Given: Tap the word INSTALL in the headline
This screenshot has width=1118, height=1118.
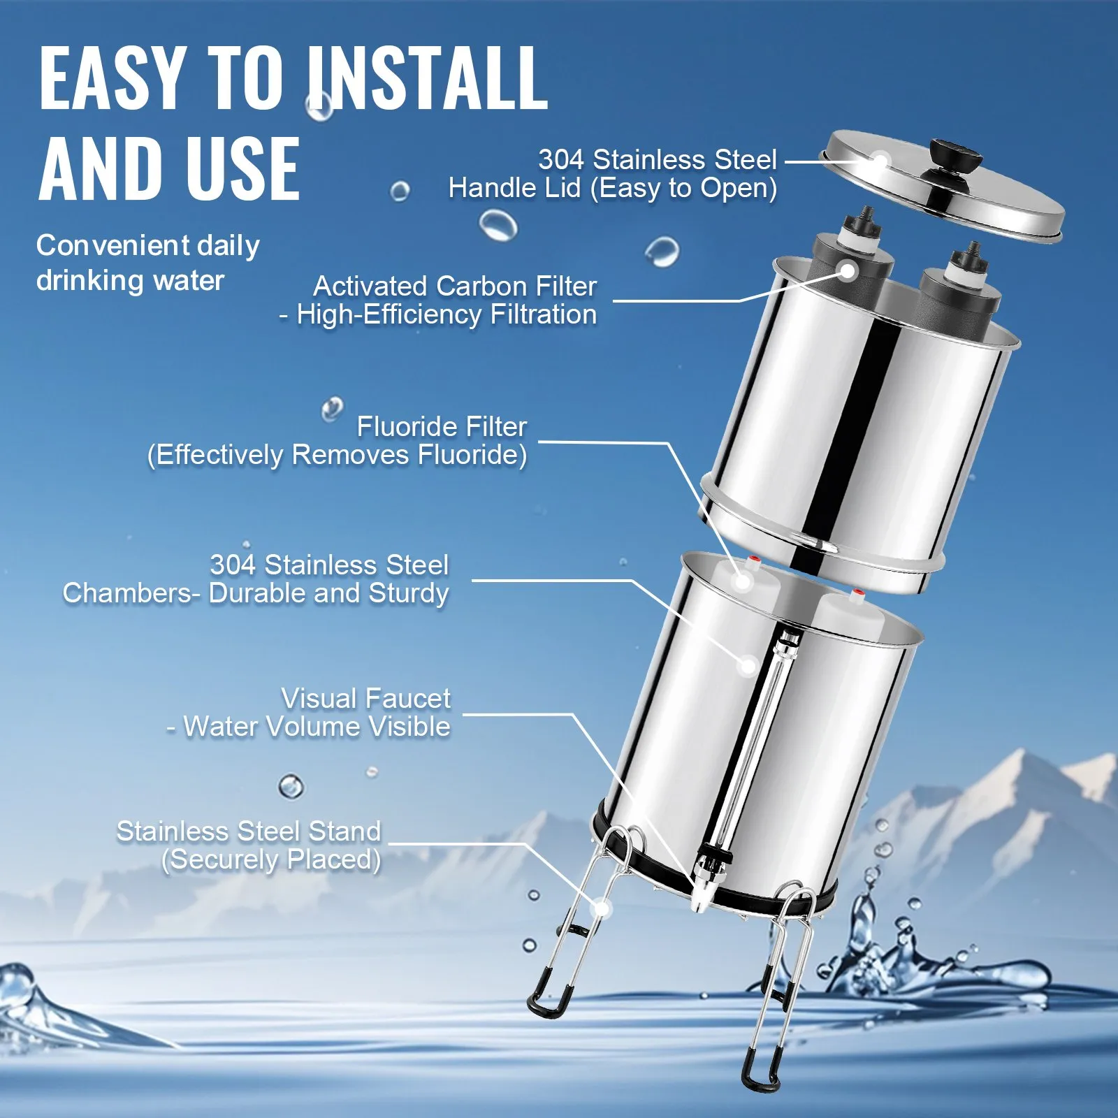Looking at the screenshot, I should click(x=428, y=78).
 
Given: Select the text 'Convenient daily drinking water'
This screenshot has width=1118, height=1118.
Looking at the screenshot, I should click(x=147, y=263).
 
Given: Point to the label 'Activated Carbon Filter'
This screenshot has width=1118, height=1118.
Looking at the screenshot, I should click(x=455, y=286).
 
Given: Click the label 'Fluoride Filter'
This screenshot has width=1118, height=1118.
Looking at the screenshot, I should click(x=442, y=426).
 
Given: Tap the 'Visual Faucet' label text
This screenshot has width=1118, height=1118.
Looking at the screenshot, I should click(x=366, y=698).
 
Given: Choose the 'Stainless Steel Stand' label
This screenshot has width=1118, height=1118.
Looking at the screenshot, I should click(x=249, y=832).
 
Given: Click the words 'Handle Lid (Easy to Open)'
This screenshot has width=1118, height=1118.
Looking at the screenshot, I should click(x=612, y=188).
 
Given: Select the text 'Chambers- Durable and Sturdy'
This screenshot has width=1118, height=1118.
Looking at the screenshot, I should click(x=256, y=593).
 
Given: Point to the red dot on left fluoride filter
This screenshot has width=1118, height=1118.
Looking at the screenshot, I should click(x=753, y=560).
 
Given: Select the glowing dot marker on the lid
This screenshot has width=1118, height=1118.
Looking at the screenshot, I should click(x=880, y=161).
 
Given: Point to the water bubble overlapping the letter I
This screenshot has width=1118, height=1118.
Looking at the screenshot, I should click(x=319, y=107).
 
